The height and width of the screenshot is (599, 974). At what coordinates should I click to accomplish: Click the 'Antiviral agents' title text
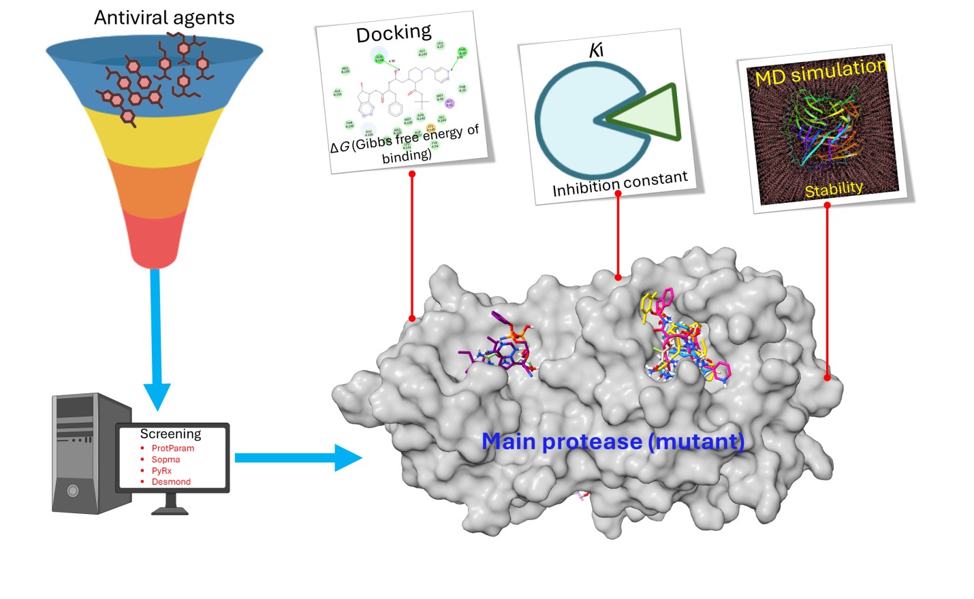[x=164, y=18]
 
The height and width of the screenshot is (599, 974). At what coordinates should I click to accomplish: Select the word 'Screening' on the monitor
[x=170, y=434]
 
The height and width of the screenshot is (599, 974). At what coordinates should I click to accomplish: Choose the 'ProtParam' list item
[x=172, y=448]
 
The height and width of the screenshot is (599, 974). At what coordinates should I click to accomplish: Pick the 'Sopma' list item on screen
[x=166, y=459]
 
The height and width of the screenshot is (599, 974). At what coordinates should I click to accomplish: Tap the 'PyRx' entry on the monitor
[x=161, y=470]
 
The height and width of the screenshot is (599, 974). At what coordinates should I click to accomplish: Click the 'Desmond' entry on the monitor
[x=171, y=482]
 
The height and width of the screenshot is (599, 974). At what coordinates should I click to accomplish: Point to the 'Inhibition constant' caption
[x=620, y=184]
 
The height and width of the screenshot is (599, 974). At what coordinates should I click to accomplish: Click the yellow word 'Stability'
[x=834, y=189]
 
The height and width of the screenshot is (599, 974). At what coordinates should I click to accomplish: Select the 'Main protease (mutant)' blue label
[x=612, y=441]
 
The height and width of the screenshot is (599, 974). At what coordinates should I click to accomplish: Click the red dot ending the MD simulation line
[x=828, y=376]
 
